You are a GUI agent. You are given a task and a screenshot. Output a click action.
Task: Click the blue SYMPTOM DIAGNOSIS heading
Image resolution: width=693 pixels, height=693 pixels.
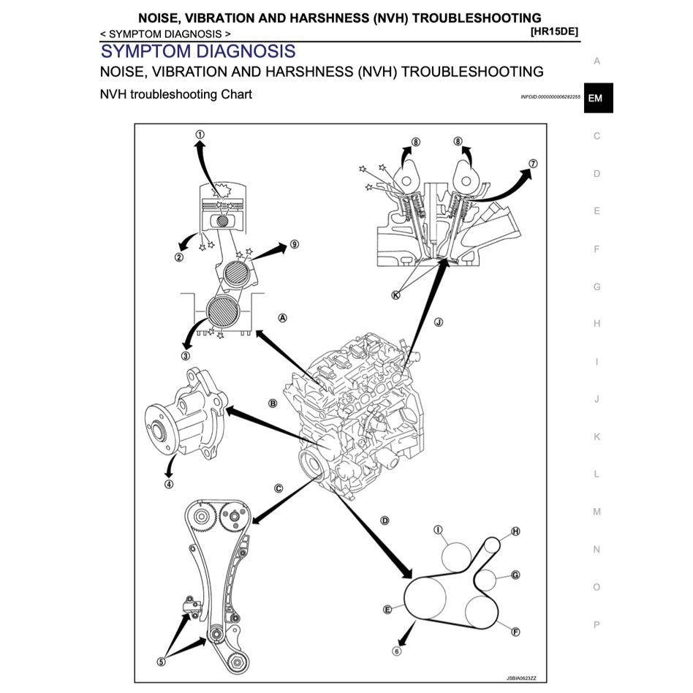tap(198, 51)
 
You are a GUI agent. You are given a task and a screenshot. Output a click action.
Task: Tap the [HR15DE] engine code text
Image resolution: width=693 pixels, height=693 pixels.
tap(554, 31)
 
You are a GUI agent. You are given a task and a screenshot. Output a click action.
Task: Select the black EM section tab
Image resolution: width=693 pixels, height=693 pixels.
tap(599, 98)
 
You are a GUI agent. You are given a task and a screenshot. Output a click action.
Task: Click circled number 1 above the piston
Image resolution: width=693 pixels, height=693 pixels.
tap(200, 135)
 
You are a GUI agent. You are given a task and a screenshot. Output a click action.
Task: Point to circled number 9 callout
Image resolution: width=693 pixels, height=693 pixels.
tap(295, 244)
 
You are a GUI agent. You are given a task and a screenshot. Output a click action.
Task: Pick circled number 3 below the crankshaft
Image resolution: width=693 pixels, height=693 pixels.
tap(186, 356)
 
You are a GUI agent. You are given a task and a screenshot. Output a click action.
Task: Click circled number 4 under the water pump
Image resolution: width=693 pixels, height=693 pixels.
tap(169, 485)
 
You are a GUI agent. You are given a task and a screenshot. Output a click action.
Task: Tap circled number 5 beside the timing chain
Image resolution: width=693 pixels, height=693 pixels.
tap(162, 662)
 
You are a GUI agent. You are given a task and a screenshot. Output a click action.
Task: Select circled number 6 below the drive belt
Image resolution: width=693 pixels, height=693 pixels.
tap(396, 651)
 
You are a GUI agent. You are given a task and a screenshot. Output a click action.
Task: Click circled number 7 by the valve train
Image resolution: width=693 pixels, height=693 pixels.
tap(534, 164)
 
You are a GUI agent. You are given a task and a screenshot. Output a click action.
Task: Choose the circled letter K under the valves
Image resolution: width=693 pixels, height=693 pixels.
tap(395, 295)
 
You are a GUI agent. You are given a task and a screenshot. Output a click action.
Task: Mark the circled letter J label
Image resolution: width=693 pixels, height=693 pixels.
tap(439, 322)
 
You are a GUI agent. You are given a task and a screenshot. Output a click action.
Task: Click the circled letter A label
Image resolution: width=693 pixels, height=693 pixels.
tap(282, 318)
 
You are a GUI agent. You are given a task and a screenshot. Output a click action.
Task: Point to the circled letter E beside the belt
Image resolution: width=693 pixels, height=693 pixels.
tap(387, 610)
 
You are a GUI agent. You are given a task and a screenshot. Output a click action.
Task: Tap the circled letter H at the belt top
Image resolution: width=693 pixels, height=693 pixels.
tap(516, 531)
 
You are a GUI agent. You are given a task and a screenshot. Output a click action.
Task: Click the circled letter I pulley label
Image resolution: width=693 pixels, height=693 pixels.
tap(438, 529)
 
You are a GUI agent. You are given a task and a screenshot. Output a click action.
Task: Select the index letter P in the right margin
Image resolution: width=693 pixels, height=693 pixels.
tap(597, 625)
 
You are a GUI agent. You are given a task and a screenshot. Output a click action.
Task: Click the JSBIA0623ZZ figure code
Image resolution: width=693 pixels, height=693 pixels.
tap(521, 678)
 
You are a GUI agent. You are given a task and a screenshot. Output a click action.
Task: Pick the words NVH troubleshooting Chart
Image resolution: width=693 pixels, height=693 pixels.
tap(176, 94)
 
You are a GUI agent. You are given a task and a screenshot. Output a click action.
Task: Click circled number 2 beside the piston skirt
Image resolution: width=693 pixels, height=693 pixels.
tap(179, 257)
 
